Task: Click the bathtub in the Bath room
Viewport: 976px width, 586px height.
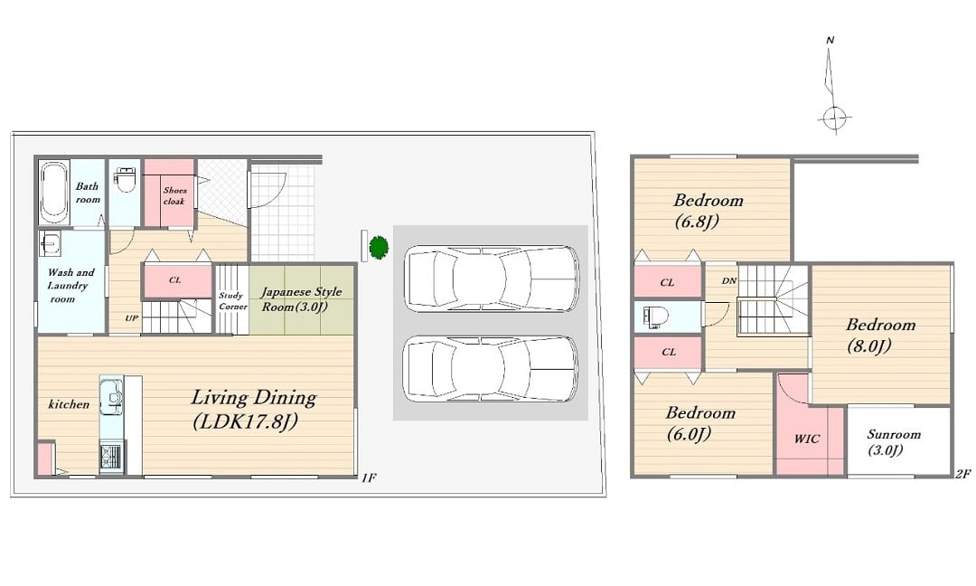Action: (53, 192)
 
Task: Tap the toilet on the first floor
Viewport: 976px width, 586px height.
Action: (125, 179)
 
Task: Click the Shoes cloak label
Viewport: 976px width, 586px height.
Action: (174, 195)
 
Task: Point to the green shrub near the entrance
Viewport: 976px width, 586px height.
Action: (379, 247)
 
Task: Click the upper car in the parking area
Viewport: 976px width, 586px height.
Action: (491, 279)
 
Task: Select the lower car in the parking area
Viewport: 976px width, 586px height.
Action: (491, 369)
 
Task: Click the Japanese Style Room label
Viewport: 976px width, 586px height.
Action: (301, 299)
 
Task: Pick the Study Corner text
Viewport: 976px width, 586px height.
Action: (232, 301)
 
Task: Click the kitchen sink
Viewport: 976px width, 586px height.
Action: (113, 396)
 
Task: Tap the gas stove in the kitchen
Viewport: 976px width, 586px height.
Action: (111, 456)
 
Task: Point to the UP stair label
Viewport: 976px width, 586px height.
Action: (131, 318)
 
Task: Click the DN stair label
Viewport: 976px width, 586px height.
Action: (729, 281)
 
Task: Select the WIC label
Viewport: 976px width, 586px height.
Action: (807, 439)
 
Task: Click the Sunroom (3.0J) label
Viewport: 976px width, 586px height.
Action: (893, 441)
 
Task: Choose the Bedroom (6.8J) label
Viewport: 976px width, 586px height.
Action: (708, 211)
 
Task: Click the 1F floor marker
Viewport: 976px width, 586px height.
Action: (369, 477)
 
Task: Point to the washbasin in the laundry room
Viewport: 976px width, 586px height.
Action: (50, 243)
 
